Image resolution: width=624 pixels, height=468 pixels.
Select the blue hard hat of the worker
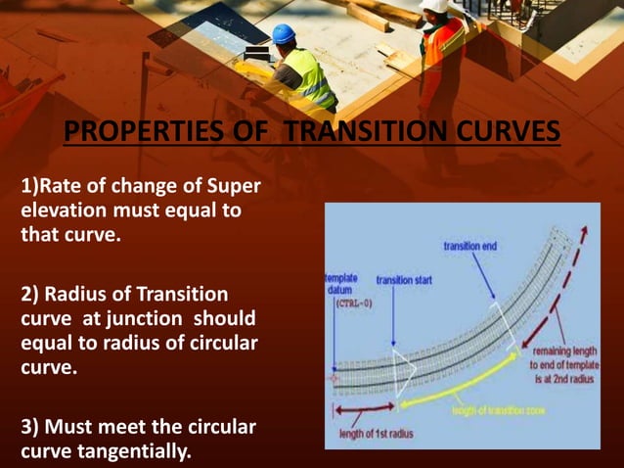[284, 33]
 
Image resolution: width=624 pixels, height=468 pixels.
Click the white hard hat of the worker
[434, 5]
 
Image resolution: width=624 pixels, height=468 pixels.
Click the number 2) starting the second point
[31, 294]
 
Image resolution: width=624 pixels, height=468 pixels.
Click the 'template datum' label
[339, 284]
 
